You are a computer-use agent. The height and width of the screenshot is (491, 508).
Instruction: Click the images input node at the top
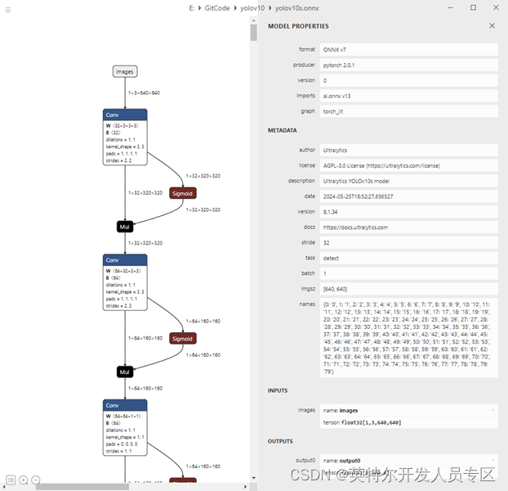click(124, 71)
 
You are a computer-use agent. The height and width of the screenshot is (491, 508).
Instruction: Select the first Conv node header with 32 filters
click(124, 115)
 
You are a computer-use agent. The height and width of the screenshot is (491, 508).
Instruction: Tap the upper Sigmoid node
click(183, 193)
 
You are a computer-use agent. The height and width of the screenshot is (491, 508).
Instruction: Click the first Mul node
click(124, 226)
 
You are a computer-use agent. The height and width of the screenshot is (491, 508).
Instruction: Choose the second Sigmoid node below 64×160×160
click(183, 338)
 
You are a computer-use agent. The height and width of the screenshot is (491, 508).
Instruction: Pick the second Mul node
click(124, 372)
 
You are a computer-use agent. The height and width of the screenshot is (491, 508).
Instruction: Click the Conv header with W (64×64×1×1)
click(124, 405)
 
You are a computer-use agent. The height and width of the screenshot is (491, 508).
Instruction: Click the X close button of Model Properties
click(492, 26)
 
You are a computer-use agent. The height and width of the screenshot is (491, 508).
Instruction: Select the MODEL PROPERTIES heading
click(298, 26)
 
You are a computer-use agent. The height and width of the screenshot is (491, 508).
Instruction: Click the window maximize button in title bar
click(473, 7)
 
